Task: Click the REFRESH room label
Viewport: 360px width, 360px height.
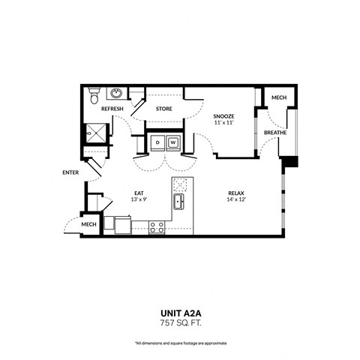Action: (112, 109)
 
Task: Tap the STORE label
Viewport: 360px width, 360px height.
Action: (163, 109)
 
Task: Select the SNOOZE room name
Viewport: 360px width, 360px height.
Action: (223, 116)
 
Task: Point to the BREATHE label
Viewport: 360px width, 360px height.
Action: (275, 133)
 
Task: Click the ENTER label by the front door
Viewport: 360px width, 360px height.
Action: (70, 172)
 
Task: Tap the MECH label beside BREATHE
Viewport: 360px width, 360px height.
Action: (278, 98)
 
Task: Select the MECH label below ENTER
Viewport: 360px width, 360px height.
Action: (88, 224)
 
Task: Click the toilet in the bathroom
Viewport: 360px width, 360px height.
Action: (93, 96)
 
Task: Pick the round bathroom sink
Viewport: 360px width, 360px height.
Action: (117, 94)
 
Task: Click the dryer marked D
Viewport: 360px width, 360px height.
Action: (158, 142)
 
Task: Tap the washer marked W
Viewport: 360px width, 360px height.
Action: (174, 142)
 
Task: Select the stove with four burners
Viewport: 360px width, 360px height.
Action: (157, 226)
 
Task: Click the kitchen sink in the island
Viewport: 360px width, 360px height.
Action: (179, 202)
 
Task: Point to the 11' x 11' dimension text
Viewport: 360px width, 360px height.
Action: (223, 122)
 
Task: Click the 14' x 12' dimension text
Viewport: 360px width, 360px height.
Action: (237, 200)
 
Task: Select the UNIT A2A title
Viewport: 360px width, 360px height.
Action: (180, 313)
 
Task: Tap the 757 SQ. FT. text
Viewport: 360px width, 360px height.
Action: (180, 323)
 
